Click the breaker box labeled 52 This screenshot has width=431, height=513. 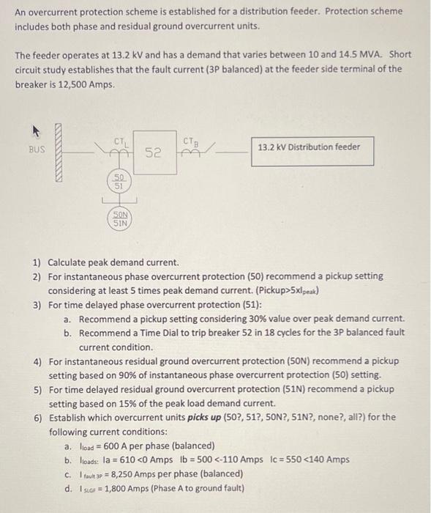[153, 153]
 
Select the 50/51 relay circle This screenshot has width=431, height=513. [118, 182]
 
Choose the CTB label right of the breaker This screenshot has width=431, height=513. [190, 139]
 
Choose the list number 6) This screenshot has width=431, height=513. [37, 417]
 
